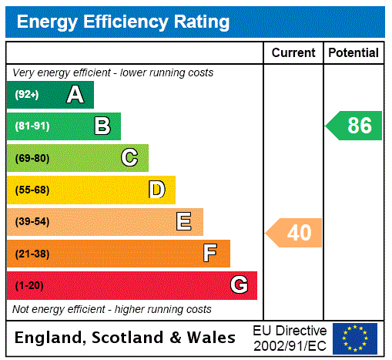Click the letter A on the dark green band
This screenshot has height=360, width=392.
(x=75, y=95)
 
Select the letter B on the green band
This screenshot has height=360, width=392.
(x=102, y=126)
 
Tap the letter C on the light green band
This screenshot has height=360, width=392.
(x=129, y=158)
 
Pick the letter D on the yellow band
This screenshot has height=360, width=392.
(x=156, y=190)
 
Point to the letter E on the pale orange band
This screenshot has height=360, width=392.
(x=184, y=222)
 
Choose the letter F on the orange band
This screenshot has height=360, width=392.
(x=210, y=253)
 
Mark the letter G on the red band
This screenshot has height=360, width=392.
(x=239, y=285)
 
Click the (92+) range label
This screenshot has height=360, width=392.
(x=27, y=95)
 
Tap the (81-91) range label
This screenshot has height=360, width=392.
(x=32, y=126)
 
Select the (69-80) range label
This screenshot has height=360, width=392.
(x=32, y=158)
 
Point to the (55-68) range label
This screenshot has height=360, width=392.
(x=32, y=190)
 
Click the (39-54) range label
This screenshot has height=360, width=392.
(x=32, y=222)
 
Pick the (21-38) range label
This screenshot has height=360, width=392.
(x=32, y=254)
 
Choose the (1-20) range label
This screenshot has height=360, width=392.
(x=29, y=285)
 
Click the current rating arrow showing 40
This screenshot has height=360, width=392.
(x=295, y=232)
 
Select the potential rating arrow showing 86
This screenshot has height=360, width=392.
(x=355, y=126)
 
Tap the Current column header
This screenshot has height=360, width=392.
(x=293, y=53)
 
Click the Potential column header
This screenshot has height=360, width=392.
(x=353, y=53)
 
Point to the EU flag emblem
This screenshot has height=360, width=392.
(x=355, y=338)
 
